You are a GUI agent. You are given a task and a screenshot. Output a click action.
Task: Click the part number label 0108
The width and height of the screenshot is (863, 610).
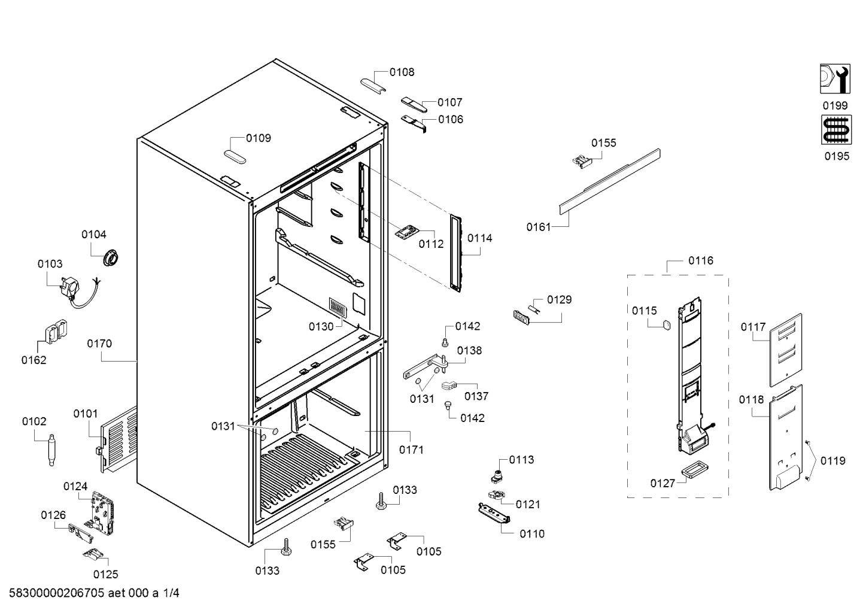click(x=402, y=72)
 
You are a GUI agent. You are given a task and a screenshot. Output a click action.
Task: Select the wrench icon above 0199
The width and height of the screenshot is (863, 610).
click(x=835, y=79)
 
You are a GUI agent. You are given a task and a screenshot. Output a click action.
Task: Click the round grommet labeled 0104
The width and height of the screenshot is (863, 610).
click(x=111, y=258)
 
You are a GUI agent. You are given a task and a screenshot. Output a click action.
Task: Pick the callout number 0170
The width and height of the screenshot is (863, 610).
click(x=99, y=344)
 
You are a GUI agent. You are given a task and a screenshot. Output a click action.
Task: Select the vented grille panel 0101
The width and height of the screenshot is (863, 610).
click(x=117, y=439)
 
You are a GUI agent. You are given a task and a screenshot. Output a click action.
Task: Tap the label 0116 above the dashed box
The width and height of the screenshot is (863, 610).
click(x=700, y=261)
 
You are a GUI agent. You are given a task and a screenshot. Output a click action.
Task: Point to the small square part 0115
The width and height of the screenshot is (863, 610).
click(x=664, y=325)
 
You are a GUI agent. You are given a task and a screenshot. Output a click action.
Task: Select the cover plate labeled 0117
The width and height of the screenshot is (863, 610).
click(x=785, y=350)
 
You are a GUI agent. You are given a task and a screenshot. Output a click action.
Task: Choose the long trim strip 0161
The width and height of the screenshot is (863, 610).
click(x=609, y=181)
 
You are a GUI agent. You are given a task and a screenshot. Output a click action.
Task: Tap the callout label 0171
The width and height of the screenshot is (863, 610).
click(x=411, y=449)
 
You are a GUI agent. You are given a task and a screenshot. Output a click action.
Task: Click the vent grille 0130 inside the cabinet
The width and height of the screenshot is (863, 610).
click(x=338, y=308)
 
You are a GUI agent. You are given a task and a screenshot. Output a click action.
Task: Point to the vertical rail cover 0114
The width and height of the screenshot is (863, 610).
click(x=457, y=254)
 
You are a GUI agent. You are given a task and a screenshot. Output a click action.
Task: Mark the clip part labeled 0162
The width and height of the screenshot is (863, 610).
click(x=54, y=333)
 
